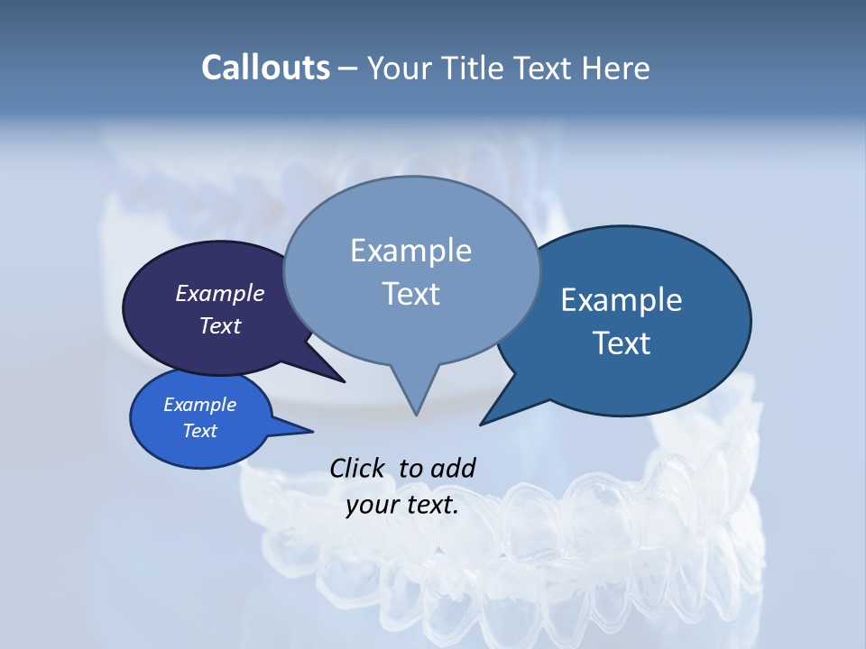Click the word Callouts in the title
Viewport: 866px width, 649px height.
click(x=265, y=68)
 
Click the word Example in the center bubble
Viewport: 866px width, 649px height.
click(x=410, y=251)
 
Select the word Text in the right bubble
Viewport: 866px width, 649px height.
click(x=622, y=343)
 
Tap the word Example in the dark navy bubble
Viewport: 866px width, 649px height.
click(x=219, y=293)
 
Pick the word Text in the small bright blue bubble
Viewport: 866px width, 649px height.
click(x=199, y=431)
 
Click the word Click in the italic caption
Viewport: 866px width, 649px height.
click(x=358, y=468)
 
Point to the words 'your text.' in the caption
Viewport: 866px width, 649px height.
click(x=402, y=506)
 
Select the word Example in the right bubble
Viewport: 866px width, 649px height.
click(x=622, y=300)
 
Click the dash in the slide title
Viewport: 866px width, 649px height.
click(x=349, y=69)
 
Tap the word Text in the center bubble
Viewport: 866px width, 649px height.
click(x=410, y=294)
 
